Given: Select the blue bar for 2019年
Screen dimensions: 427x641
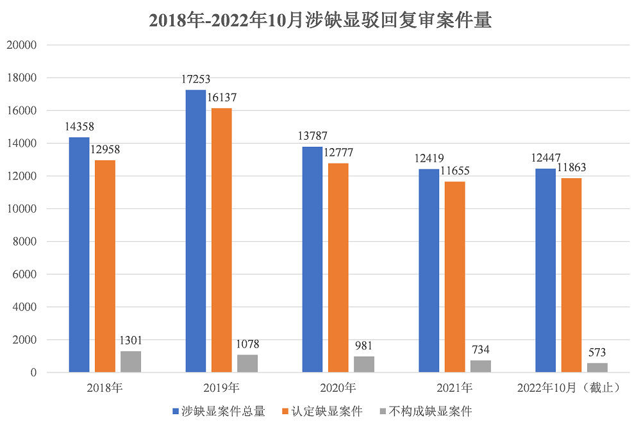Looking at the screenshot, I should pos(196,231).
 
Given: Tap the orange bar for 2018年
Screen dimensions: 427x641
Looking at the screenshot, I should pos(104,266).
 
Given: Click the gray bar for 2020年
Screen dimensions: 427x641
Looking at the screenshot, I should pos(364,364).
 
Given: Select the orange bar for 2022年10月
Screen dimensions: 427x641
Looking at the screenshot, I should pos(571,275).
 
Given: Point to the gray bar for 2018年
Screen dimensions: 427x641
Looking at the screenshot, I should pos(131,362).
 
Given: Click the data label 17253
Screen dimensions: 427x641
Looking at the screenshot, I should pos(196,80).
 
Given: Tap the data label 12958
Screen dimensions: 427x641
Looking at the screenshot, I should pos(104,150).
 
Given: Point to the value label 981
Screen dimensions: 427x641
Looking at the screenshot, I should pos(364,346).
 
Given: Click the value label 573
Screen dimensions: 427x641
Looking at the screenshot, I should pos(597,353).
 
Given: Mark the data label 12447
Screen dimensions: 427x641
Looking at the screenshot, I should pos(545,158).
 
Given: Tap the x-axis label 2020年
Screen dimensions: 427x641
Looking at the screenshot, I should pos(338,388).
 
